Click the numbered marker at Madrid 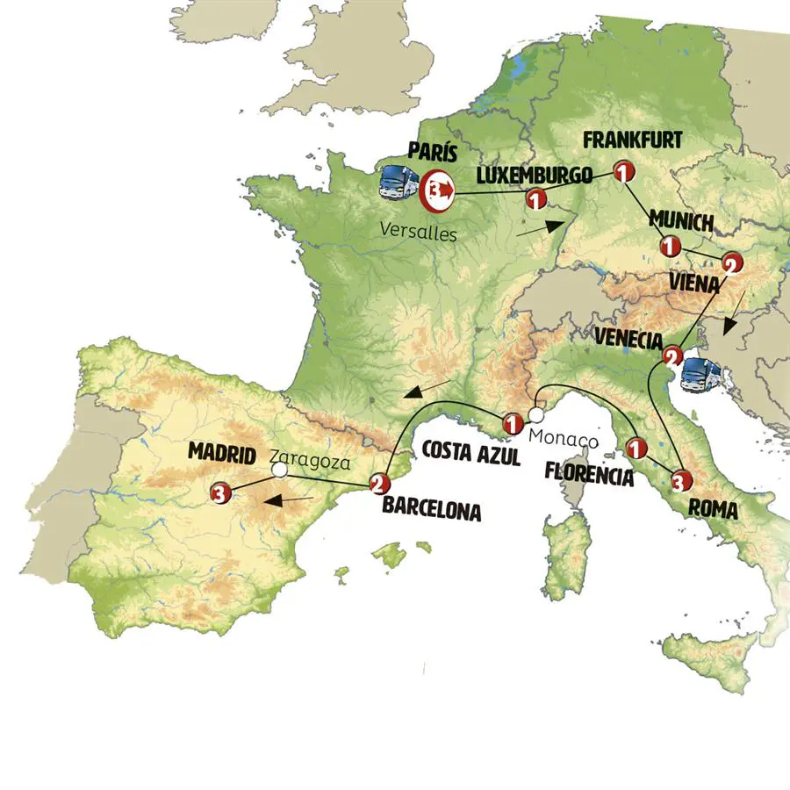(x=221, y=494)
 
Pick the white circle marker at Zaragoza (x=279, y=471)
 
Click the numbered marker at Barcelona (x=378, y=483)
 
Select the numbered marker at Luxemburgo (x=535, y=200)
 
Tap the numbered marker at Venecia (x=672, y=356)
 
